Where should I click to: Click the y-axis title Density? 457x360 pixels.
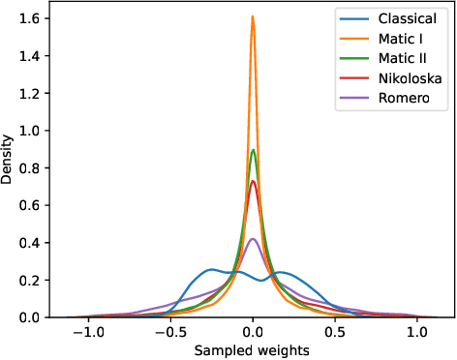(9, 160)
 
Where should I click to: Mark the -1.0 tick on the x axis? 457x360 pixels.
(88, 331)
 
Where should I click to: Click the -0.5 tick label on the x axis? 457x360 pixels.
(169, 331)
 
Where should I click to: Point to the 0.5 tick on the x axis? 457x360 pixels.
(335, 331)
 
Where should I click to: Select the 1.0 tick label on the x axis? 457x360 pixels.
(417, 331)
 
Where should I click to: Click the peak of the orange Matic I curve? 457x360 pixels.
(253, 16)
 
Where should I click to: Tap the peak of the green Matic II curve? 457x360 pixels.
(253, 149)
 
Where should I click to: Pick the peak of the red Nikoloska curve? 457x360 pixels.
(253, 181)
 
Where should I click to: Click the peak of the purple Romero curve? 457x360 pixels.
(253, 238)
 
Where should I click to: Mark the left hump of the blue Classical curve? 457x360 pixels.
(212, 269)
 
